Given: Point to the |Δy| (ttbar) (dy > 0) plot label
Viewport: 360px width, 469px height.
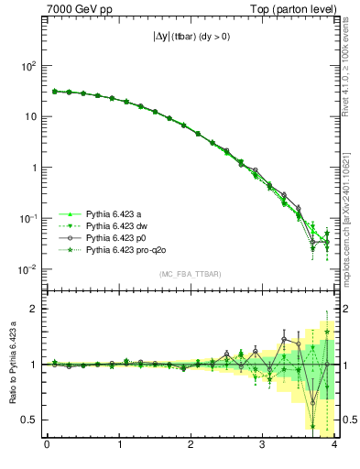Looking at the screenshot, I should pyautogui.click(x=190, y=38).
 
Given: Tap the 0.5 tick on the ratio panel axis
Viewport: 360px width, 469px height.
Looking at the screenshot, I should pyautogui.click(x=29, y=420).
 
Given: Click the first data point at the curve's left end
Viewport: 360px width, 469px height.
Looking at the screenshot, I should pyautogui.click(x=54, y=92).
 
